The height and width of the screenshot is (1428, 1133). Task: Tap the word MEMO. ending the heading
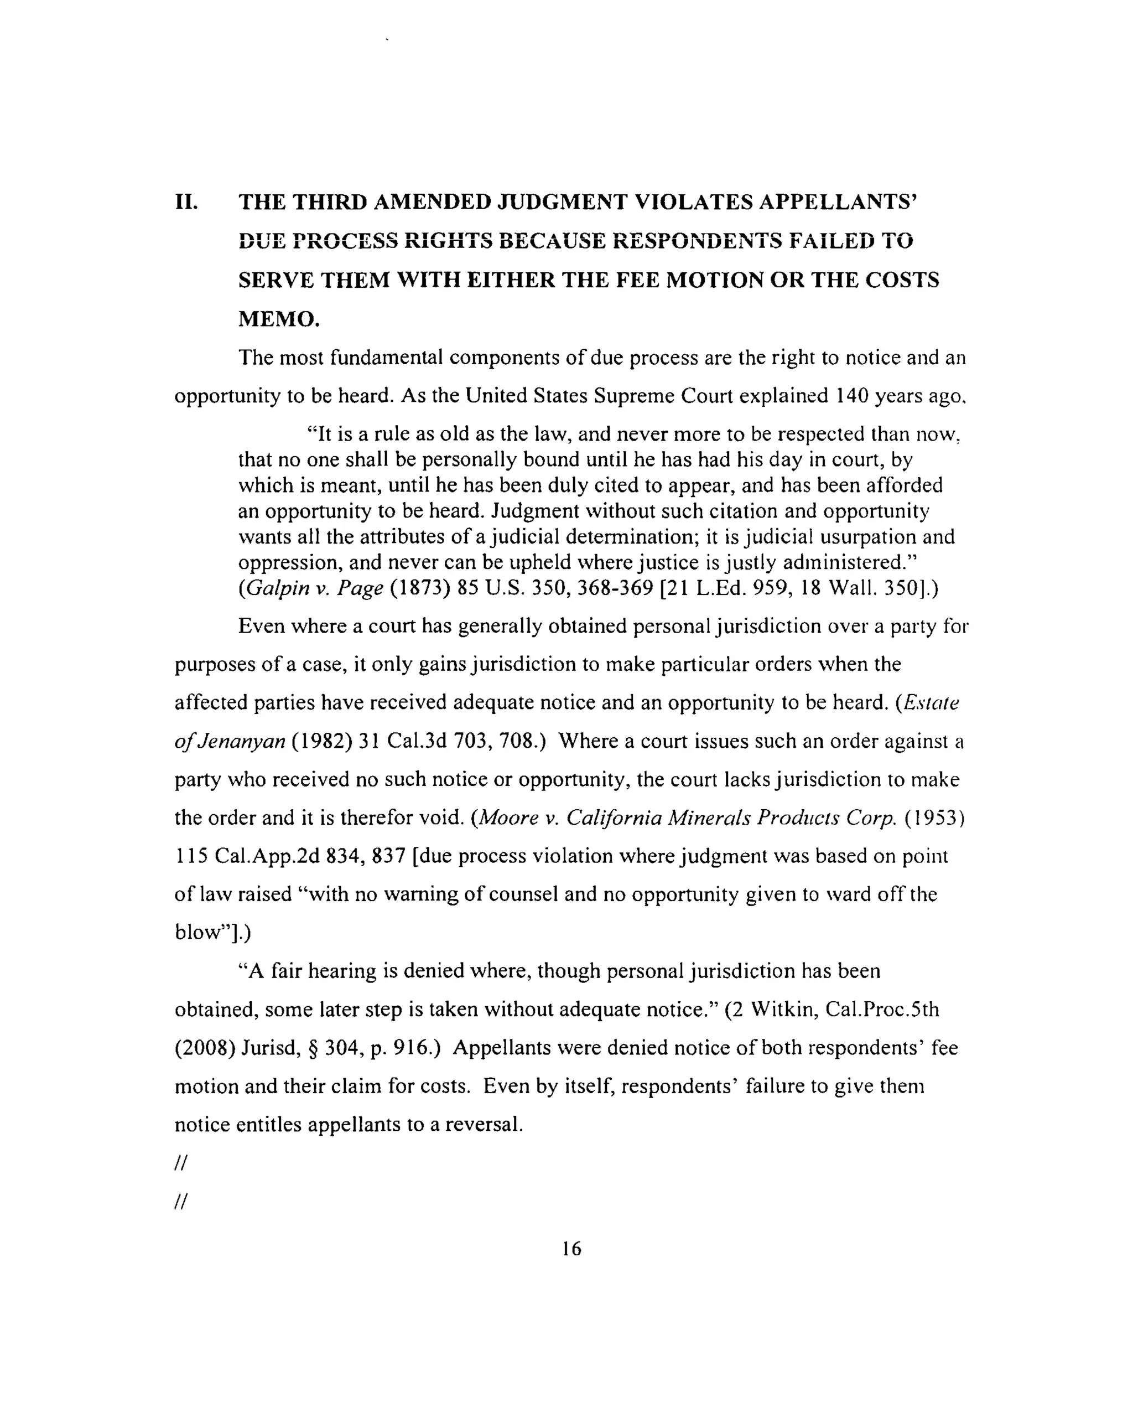(278, 319)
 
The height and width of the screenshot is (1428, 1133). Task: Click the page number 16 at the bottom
(571, 1249)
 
